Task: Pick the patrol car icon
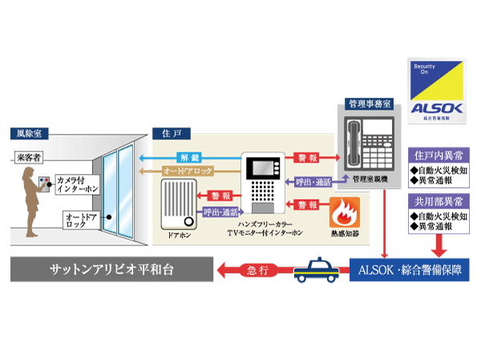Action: [316, 270]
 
